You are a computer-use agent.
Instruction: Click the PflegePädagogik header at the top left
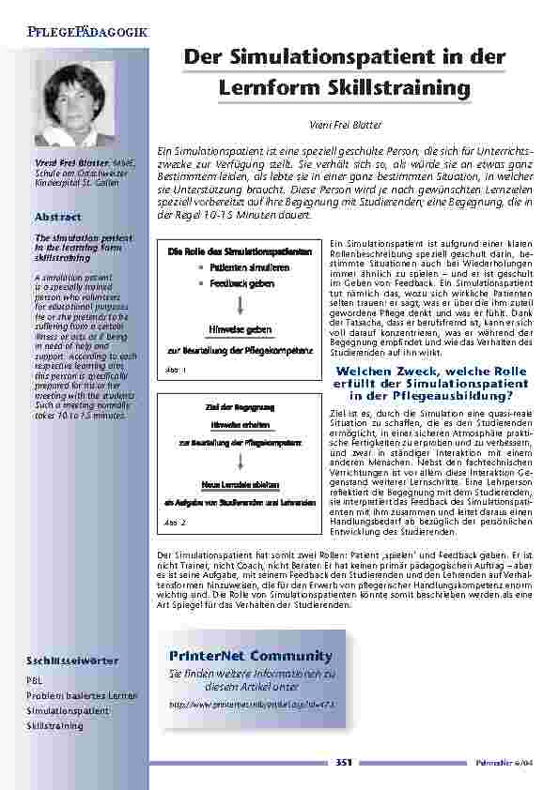(x=80, y=32)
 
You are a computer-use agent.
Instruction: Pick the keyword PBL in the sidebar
(x=34, y=679)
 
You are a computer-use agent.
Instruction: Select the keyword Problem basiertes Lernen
(x=82, y=695)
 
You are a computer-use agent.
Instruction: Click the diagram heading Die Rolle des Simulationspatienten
(x=240, y=252)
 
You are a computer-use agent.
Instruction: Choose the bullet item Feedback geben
(x=241, y=282)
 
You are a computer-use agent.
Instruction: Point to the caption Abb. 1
(x=176, y=371)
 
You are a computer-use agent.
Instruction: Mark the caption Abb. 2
(x=176, y=521)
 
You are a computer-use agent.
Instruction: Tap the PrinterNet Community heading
(x=251, y=654)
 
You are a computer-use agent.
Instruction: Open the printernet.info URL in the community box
(x=251, y=702)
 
